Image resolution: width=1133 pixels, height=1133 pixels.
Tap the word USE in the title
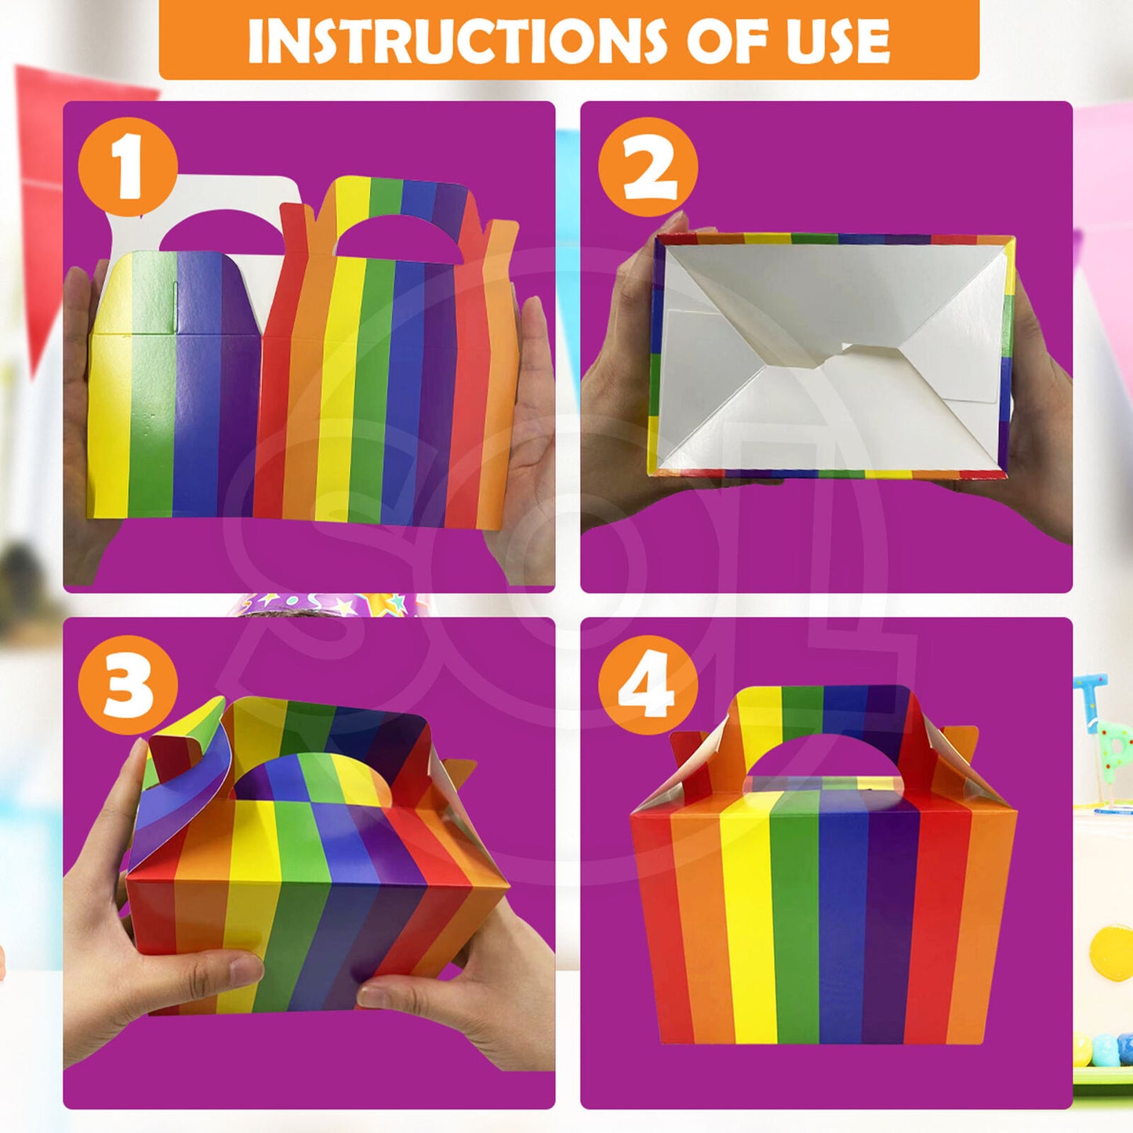[x=838, y=41]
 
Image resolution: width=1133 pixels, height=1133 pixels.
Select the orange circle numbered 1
[x=128, y=166]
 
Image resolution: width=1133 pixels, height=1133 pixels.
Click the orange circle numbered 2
[x=648, y=167]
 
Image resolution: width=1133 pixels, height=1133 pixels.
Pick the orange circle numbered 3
[x=128, y=685]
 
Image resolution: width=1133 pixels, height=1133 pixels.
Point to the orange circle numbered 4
[x=648, y=685]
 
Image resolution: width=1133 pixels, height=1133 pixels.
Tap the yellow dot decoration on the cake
[x=1113, y=953]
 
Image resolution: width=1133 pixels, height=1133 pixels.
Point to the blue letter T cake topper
[x=1090, y=698]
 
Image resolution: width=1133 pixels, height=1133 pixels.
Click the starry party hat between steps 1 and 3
[x=329, y=605]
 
